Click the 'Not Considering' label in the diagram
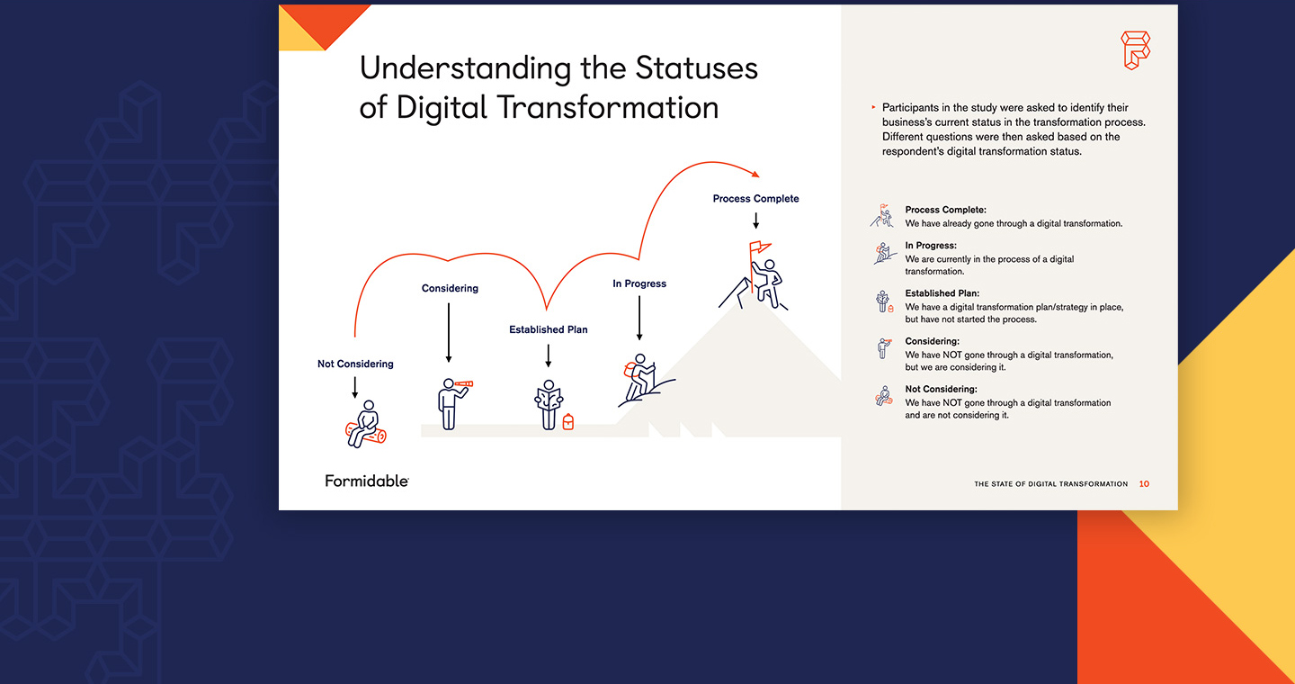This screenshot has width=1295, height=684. point(355,364)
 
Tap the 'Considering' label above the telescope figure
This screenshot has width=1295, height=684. point(450,288)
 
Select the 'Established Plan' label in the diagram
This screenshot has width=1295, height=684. point(548,329)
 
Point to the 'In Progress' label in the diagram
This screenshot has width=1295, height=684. point(639,283)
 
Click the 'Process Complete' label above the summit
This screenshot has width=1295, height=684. point(755,199)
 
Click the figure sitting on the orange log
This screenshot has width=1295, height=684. point(366,424)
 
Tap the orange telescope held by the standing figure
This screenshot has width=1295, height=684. point(463,383)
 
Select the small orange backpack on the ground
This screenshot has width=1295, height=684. point(568,422)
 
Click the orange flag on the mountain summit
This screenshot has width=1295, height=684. point(759,247)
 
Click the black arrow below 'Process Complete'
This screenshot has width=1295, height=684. point(755,220)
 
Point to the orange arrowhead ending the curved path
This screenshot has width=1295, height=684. point(755,173)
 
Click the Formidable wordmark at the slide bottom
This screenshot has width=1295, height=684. point(367,481)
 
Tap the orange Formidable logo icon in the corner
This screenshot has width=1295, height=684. point(1136,50)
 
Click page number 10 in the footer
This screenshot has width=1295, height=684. point(1144,484)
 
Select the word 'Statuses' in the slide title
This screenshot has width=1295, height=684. point(696,68)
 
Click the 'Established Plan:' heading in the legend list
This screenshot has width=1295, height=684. point(942,293)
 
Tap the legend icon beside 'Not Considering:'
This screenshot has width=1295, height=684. point(884,396)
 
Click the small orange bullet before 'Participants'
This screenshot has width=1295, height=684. point(873,107)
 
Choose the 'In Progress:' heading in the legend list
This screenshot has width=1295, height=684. point(931,246)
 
